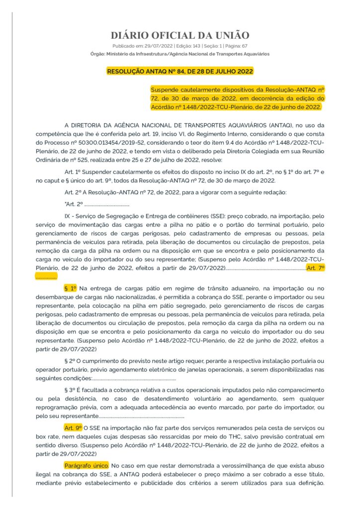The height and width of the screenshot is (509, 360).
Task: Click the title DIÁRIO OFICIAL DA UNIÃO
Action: click(x=180, y=35)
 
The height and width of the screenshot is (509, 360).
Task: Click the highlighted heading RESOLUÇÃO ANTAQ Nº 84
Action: click(x=180, y=72)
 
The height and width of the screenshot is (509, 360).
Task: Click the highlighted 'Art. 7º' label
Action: click(x=316, y=267)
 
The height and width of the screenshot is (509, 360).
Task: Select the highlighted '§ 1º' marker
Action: click(x=71, y=288)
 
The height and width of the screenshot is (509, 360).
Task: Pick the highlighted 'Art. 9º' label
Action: click(x=73, y=427)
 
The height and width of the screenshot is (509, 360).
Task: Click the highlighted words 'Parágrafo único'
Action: click(x=86, y=465)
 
